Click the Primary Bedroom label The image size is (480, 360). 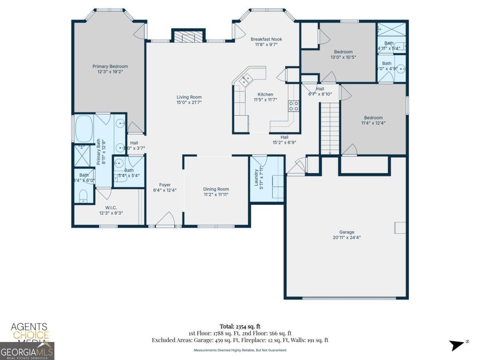click(110, 66)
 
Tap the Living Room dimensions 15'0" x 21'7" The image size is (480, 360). click(189, 102)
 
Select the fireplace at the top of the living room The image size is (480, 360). click(188, 36)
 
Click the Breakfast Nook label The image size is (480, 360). click(266, 39)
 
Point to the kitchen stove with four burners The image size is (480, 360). click(294, 106)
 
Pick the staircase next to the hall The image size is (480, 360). click(330, 128)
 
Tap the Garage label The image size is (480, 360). click(347, 232)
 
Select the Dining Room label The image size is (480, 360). click(216, 189)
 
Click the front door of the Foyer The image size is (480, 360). click(165, 221)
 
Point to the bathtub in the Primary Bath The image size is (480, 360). click(84, 129)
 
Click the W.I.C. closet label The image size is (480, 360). click(111, 208)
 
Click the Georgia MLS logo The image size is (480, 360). click(27, 352)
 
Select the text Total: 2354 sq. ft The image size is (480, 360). click(240, 326)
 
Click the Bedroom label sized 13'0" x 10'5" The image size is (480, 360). click(343, 52)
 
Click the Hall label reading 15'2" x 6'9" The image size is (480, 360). click(284, 137)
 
